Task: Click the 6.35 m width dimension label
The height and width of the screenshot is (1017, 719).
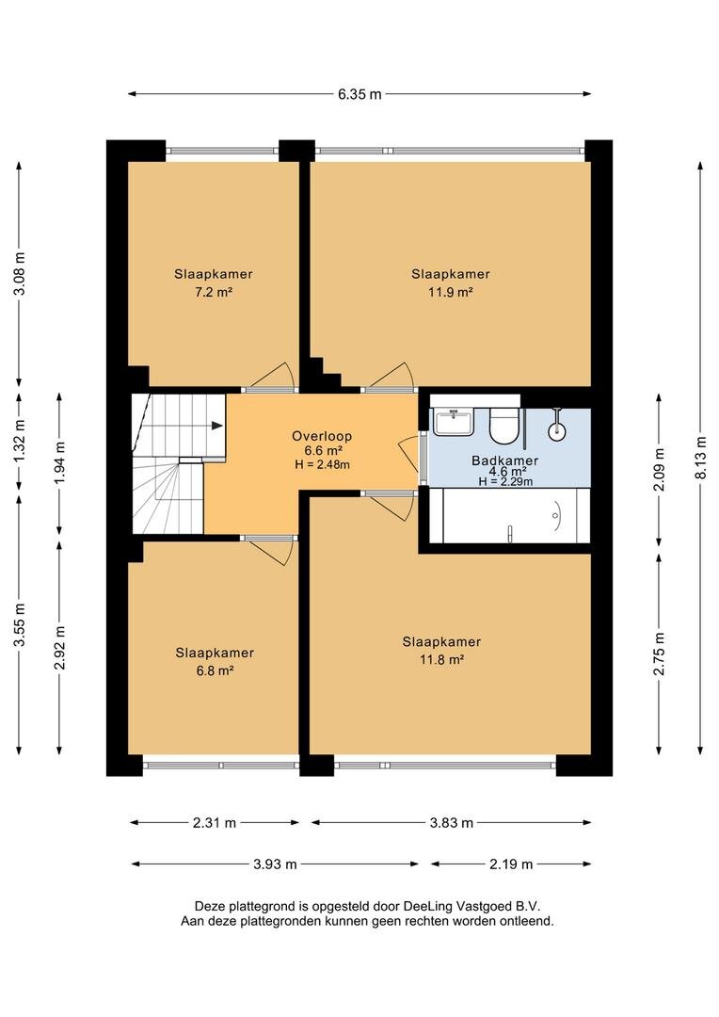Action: [359, 94]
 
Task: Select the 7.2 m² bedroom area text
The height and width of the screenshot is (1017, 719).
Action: [214, 292]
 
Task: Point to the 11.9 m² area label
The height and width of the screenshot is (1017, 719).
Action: [451, 292]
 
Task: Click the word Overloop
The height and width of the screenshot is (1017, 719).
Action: [322, 437]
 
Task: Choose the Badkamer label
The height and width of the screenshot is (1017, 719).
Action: [505, 461]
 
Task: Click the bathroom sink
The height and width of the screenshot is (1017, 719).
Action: [454, 422]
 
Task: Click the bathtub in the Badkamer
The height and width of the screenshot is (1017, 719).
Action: [509, 516]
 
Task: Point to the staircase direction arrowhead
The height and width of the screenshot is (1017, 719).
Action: [217, 426]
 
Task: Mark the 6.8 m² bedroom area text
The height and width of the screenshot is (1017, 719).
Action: [215, 670]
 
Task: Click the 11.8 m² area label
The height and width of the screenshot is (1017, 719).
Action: [441, 659]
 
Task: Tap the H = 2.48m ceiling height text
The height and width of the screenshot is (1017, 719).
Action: [322, 463]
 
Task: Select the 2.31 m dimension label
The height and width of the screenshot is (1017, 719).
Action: [215, 823]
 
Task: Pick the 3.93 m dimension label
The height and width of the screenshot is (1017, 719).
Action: [275, 864]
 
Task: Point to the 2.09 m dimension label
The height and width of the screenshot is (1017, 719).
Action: [660, 469]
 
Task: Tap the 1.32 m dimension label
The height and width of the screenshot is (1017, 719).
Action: [20, 441]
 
